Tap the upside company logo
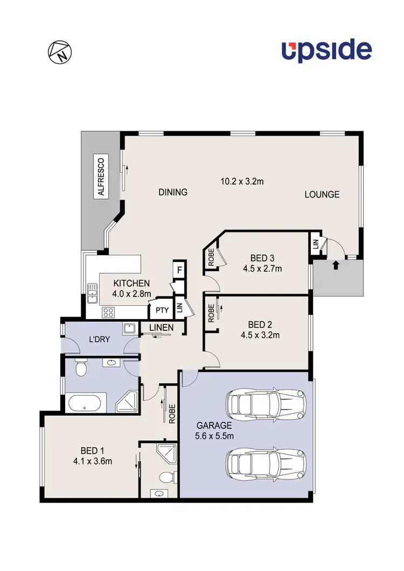[x=326, y=51]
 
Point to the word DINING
[x=172, y=192]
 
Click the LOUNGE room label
[x=322, y=194]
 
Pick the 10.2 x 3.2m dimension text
[x=242, y=181]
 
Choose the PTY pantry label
[x=161, y=310]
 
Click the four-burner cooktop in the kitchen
[x=108, y=312]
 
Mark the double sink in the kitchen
[x=92, y=295]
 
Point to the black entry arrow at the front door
[x=337, y=264]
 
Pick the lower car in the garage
[x=266, y=461]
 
